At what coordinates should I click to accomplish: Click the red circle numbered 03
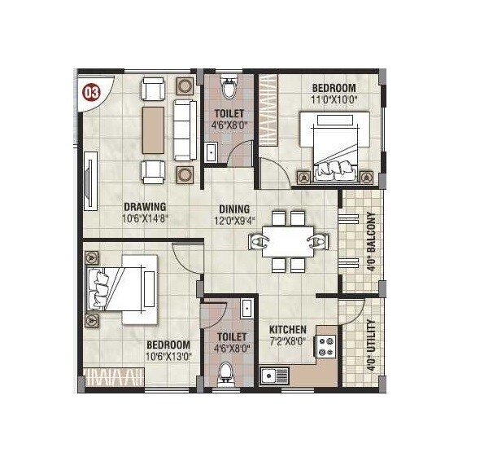90,91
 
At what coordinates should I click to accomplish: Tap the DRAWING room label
146,206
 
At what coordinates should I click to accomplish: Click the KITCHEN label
288,329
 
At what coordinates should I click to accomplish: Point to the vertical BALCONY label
371,241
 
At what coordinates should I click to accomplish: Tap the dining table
288,242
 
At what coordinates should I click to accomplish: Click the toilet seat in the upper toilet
228,84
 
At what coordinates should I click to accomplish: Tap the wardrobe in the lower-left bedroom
115,377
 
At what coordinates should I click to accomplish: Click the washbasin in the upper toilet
212,152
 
